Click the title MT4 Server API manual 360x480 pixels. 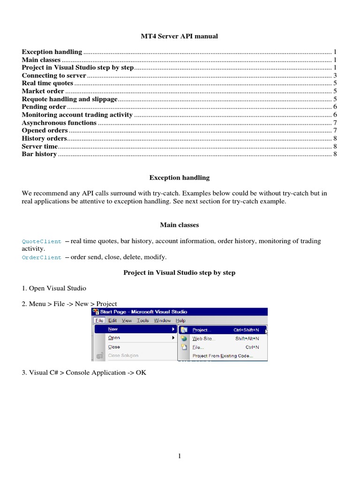pos(180,36)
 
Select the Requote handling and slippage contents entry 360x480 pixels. pos(70,99)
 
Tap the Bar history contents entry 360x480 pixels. pos(39,154)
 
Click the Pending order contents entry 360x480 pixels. pos(44,107)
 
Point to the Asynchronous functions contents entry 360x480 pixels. pos(59,123)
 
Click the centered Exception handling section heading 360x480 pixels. pos(180,178)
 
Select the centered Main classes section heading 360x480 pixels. pos(180,225)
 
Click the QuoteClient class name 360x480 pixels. pos(42,241)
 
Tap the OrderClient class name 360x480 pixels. pos(42,257)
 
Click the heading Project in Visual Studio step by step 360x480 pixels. pos(180,272)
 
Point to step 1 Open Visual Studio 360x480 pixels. pos(54,288)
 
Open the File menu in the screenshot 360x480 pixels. pos(99,321)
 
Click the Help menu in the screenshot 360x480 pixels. pos(180,321)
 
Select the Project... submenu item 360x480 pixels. pos(202,330)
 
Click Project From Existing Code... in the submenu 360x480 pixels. pos(223,356)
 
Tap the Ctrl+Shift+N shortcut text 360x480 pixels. pos(247,330)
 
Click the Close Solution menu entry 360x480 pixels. pos(123,356)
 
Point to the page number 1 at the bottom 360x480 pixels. pos(180,457)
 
